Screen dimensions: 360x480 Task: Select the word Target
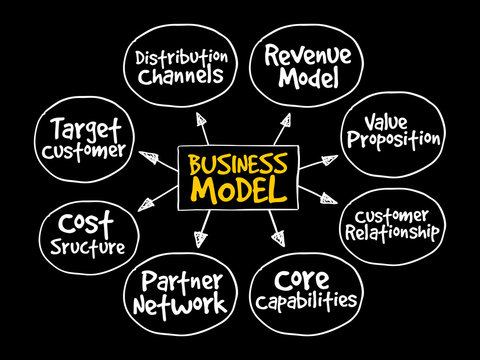[x=70, y=130]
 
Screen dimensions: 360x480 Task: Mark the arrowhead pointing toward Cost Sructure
[x=146, y=205]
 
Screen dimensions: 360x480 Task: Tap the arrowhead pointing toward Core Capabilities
[x=276, y=238]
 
